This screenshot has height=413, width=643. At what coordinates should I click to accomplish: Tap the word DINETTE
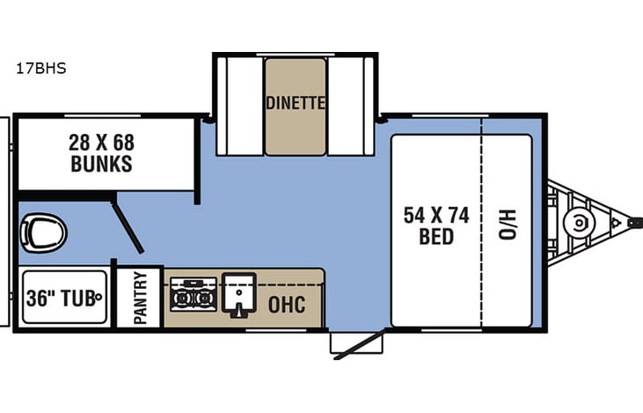coord(296,103)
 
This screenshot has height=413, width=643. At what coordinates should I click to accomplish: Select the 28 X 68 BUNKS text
coord(103,152)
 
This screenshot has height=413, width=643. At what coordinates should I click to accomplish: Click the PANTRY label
coord(140,298)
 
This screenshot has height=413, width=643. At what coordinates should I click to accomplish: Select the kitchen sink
coord(238,294)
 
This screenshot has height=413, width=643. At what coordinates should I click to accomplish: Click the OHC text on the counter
coord(288,304)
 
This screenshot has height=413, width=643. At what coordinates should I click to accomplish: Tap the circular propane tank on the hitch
coord(579,224)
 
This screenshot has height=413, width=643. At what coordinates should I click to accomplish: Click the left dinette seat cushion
coord(240,107)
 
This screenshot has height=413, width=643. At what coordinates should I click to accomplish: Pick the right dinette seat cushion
coord(351,107)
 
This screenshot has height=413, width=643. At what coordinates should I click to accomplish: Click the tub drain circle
coord(99,297)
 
